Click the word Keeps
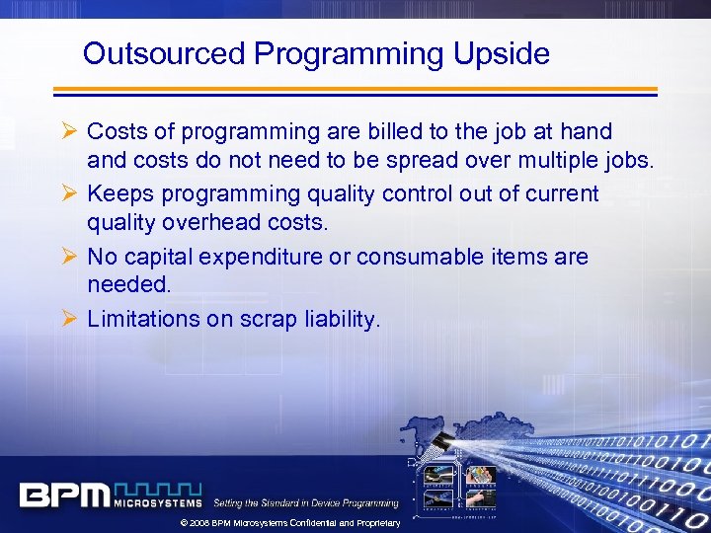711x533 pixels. click(118, 193)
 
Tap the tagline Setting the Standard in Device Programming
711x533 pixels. click(305, 502)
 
